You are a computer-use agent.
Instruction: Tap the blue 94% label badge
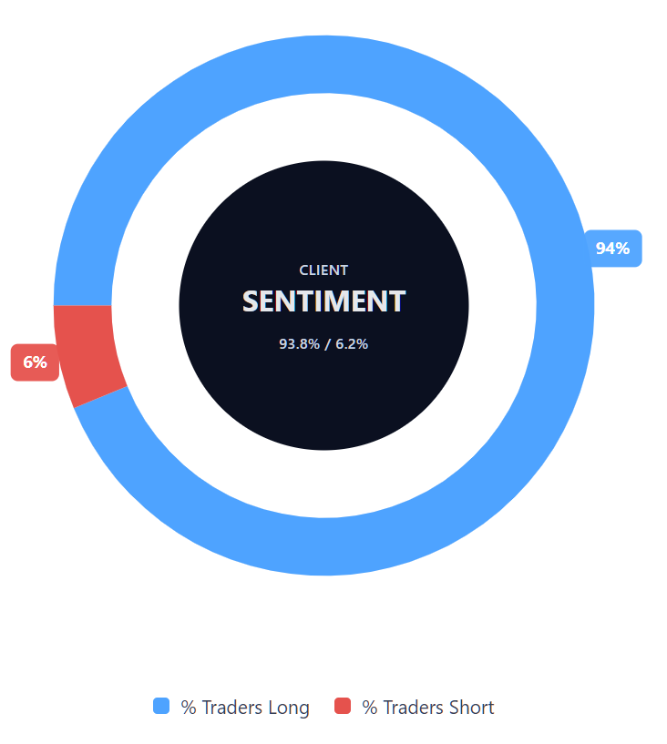(613, 249)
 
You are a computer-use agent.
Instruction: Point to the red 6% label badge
(35, 362)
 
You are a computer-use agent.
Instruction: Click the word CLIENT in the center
(323, 270)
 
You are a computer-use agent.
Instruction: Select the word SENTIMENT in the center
(323, 301)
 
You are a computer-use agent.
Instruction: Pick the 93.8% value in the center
(299, 344)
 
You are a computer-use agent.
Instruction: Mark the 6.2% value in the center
(351, 344)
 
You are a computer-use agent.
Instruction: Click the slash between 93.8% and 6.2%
(325, 344)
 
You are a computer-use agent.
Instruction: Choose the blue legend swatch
(161, 706)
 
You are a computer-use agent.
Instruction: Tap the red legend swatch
(343, 706)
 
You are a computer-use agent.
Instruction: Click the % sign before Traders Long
(189, 708)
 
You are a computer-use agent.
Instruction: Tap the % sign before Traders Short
(370, 708)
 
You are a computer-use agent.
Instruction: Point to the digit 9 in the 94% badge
(601, 249)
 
